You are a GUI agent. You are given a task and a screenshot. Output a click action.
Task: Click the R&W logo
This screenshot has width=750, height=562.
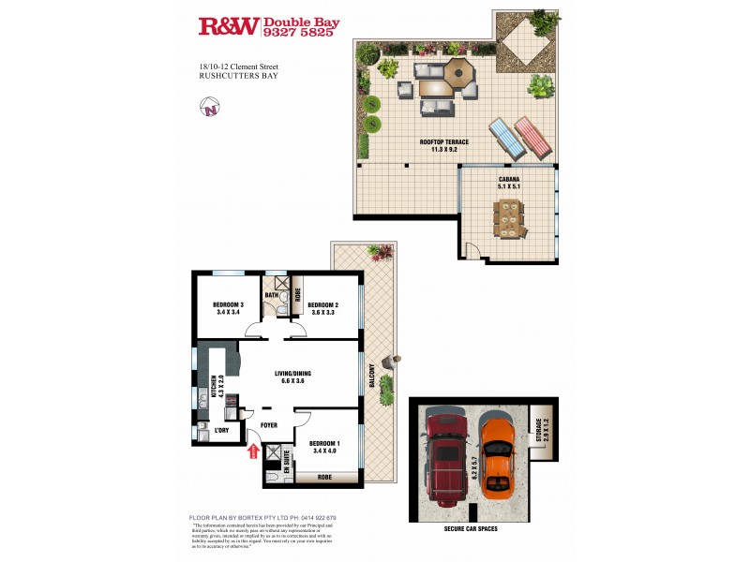tap(228, 26)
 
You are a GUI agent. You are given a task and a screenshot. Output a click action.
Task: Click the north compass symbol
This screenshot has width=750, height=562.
tap(210, 108)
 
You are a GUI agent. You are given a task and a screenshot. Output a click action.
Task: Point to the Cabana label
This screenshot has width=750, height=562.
tap(509, 182)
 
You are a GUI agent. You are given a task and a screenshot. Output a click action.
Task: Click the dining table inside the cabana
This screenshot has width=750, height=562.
tap(507, 221)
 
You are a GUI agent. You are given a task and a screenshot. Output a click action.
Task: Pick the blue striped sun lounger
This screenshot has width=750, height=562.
tap(506, 140)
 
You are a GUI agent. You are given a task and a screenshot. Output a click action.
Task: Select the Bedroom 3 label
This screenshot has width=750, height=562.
tap(228, 308)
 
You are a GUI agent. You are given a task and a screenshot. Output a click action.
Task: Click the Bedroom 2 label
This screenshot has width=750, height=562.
tap(322, 308)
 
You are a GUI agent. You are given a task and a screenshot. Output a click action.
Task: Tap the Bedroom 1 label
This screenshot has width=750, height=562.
tap(326, 446)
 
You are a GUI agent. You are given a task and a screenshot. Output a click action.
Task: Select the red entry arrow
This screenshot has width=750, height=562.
tap(252, 452)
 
